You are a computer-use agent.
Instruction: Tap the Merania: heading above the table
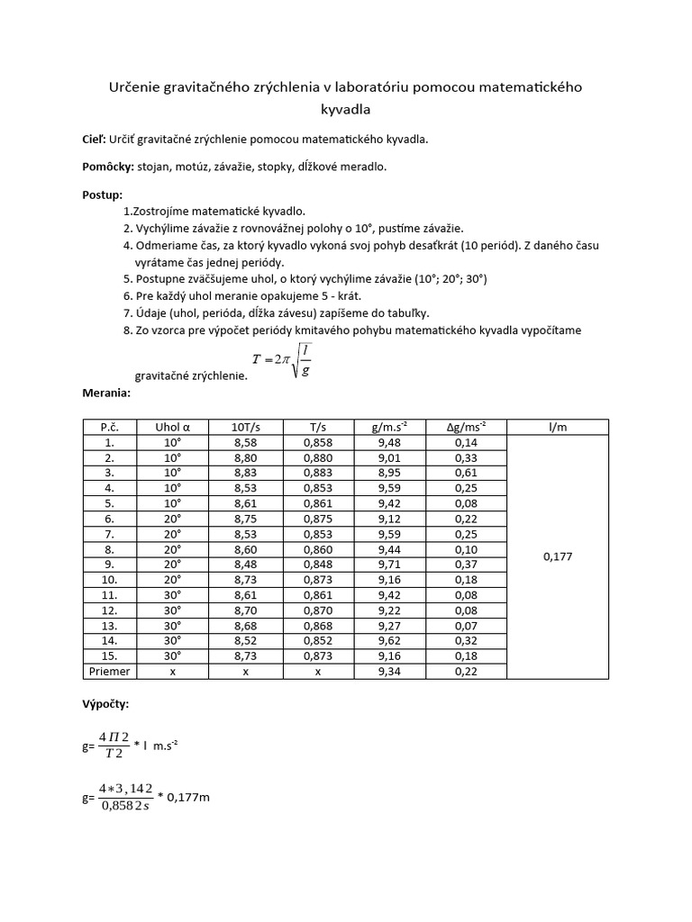[x=106, y=393]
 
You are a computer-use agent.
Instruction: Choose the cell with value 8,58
[x=245, y=443]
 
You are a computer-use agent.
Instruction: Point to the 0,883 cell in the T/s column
[x=318, y=472]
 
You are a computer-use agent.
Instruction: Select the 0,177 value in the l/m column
[x=558, y=557]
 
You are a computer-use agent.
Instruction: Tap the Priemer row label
[x=109, y=671]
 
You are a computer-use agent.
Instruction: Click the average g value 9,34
[x=391, y=671]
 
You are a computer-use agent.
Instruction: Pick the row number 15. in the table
[x=109, y=656]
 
